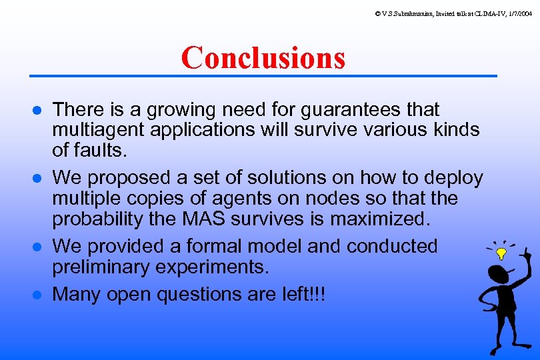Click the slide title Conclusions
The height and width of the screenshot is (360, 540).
(263, 57)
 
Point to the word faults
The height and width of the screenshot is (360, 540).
(99, 150)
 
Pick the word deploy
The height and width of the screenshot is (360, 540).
(453, 178)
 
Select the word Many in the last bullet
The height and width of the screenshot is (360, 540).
(74, 294)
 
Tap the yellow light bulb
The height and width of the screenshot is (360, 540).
(501, 254)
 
